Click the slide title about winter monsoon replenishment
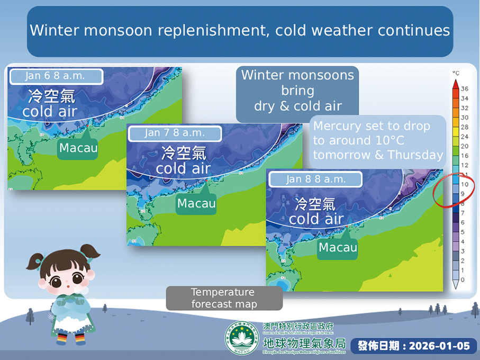(240, 30)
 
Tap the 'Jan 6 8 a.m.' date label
(55, 76)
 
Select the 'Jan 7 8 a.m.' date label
(174, 132)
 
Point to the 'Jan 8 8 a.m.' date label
(315, 179)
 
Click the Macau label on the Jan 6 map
(78, 148)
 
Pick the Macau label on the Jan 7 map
(196, 203)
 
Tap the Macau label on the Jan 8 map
(338, 247)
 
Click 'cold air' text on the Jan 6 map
(50, 112)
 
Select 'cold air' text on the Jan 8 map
(315, 219)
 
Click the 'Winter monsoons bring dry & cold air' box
(297, 91)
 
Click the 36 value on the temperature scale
(464, 88)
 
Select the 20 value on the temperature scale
(464, 146)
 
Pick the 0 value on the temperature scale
(463, 280)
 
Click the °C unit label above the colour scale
(455, 73)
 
